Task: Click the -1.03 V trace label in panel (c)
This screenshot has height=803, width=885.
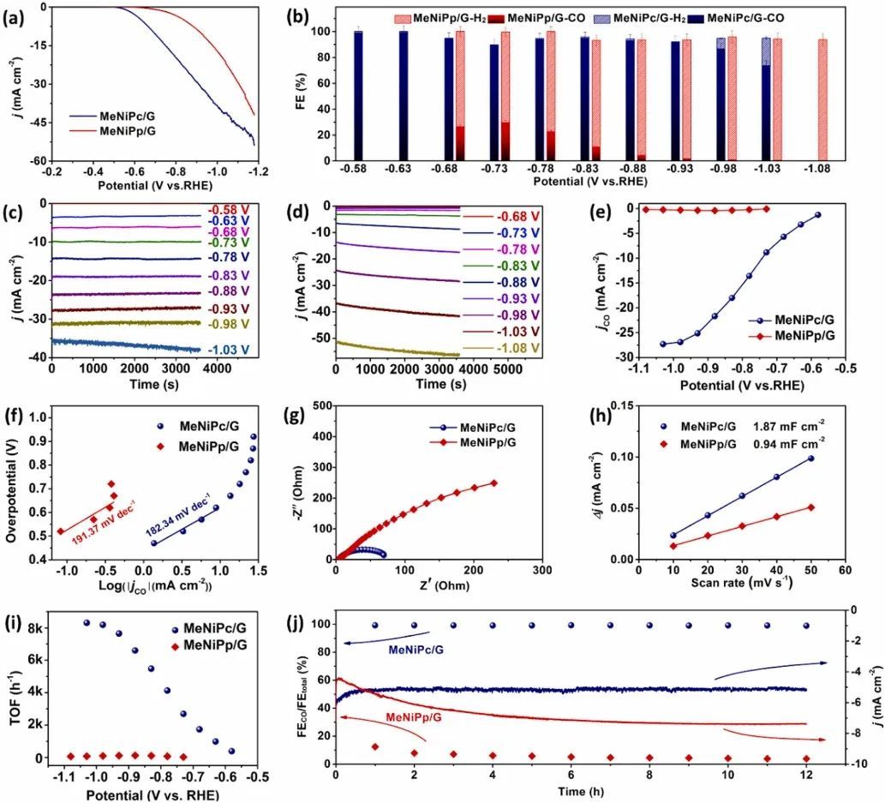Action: point(229,350)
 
